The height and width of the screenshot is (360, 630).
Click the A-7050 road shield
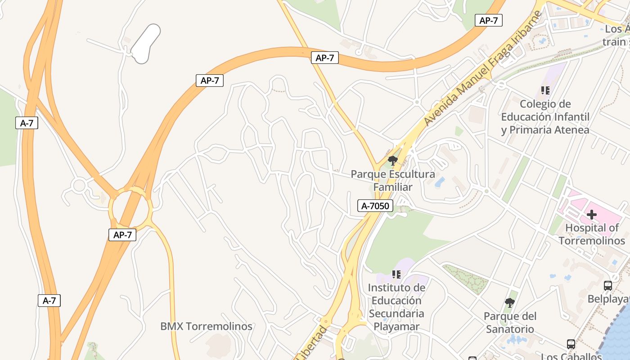click(376, 206)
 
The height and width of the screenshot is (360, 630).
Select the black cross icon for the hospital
click(591, 215)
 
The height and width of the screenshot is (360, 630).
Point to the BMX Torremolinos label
click(206, 326)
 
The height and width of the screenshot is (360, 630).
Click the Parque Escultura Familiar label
click(393, 180)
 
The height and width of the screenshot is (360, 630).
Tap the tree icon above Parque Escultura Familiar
click(393, 161)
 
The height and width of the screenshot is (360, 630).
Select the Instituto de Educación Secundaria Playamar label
click(396, 307)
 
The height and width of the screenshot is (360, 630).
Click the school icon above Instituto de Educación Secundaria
click(396, 274)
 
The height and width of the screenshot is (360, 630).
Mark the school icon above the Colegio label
click(545, 90)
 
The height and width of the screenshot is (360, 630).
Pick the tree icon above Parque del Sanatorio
click(509, 302)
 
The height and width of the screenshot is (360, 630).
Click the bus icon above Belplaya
click(607, 285)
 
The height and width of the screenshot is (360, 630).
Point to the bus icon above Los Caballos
click(571, 344)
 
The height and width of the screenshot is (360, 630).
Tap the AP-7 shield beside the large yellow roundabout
click(122, 234)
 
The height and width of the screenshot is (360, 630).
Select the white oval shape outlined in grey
click(146, 44)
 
